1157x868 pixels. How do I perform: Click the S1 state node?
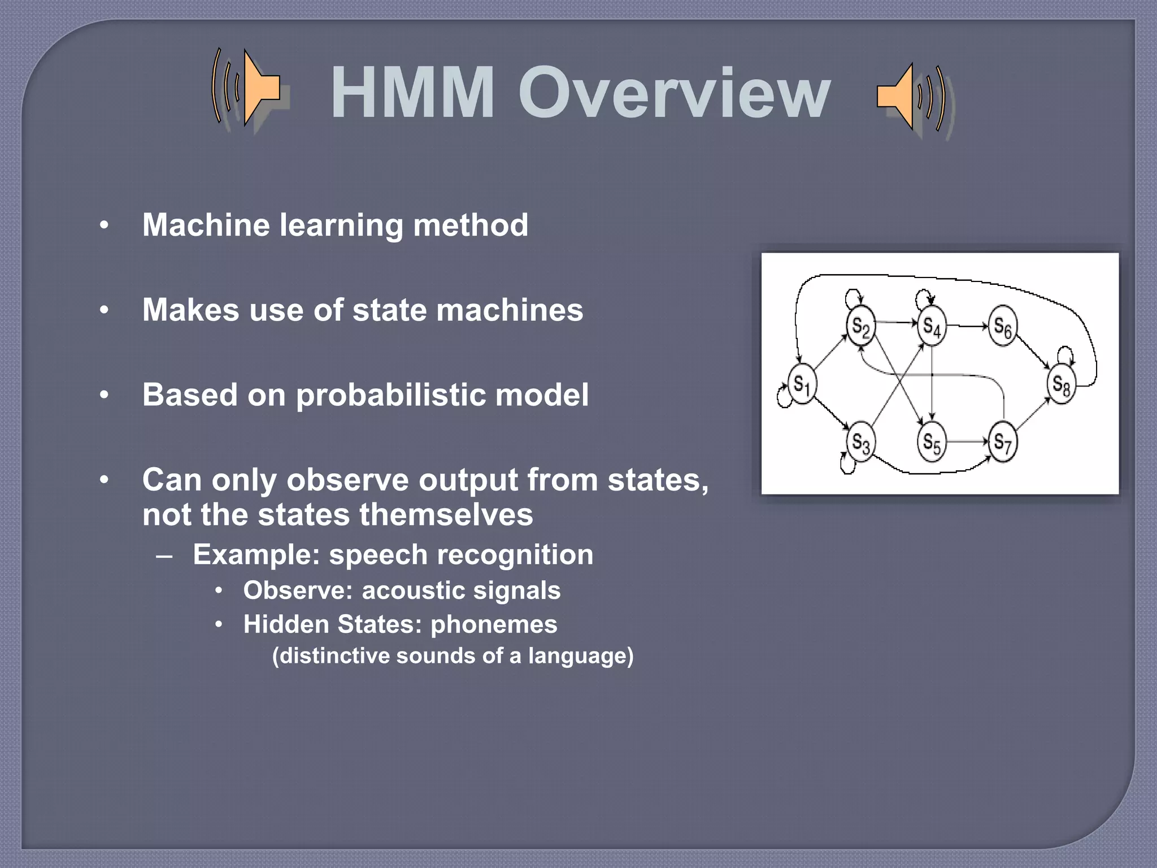(802, 384)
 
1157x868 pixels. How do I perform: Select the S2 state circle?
(860, 326)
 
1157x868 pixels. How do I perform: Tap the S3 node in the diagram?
(860, 441)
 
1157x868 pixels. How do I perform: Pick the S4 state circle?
(931, 326)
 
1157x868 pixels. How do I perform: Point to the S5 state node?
(931, 441)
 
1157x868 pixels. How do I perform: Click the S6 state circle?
(1002, 326)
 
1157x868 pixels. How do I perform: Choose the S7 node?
(1002, 441)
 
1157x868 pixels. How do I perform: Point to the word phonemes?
(494, 624)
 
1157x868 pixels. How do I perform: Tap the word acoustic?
(412, 591)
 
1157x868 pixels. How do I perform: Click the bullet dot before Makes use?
(104, 310)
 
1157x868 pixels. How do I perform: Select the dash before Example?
(164, 555)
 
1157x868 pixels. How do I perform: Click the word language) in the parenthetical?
(581, 656)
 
